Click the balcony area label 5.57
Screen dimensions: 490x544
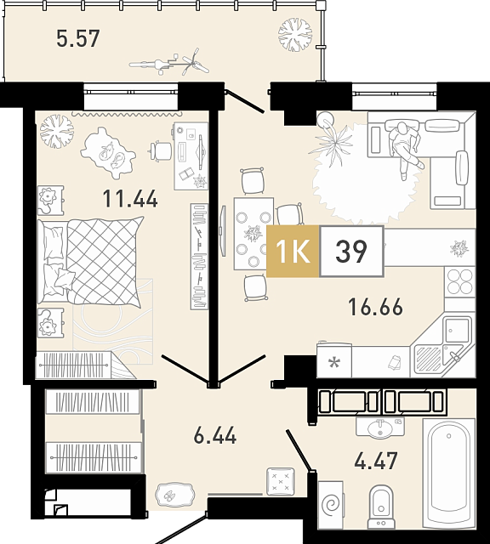(x=78, y=38)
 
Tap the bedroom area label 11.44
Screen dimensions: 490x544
(x=130, y=199)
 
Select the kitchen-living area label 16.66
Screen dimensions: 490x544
(x=376, y=307)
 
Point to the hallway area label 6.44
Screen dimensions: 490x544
(x=215, y=435)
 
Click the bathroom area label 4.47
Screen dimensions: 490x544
(x=376, y=461)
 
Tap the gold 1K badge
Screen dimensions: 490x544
(x=293, y=251)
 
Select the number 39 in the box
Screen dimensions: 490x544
(x=351, y=251)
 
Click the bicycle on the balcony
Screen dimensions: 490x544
(x=169, y=63)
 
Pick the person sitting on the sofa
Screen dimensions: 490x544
(x=406, y=149)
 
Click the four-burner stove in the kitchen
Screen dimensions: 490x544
(x=459, y=281)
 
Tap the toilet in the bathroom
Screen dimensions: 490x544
(x=381, y=507)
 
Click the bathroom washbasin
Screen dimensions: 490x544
(x=380, y=427)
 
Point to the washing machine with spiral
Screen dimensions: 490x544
(x=331, y=505)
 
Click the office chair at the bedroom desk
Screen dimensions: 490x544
(x=160, y=151)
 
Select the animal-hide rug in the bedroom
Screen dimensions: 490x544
(x=107, y=153)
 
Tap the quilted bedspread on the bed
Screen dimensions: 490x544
(x=105, y=262)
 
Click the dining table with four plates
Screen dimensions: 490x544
(x=254, y=234)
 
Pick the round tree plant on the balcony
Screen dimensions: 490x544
(x=295, y=35)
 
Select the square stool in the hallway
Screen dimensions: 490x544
(x=280, y=481)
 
